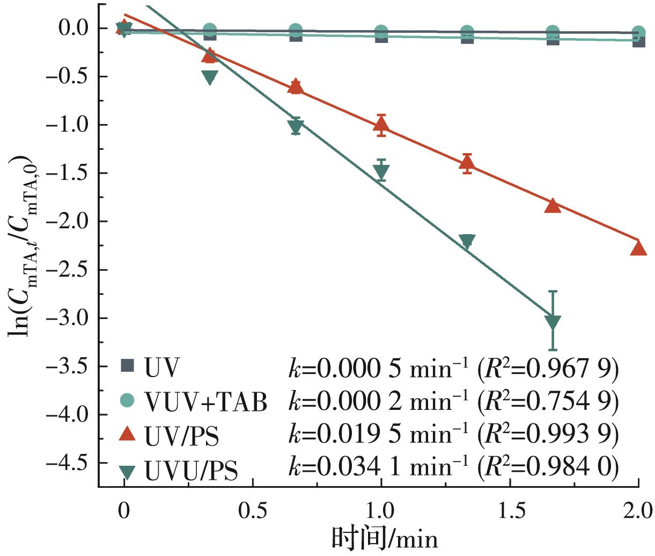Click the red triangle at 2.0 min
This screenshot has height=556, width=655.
pos(638,248)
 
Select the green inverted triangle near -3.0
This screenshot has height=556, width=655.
pos(553,322)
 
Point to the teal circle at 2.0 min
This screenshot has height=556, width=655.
pos(638,32)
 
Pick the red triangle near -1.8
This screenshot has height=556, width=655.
pos(553,206)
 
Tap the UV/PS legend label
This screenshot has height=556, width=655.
pos(181,436)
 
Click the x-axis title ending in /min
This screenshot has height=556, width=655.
pos(384,539)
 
